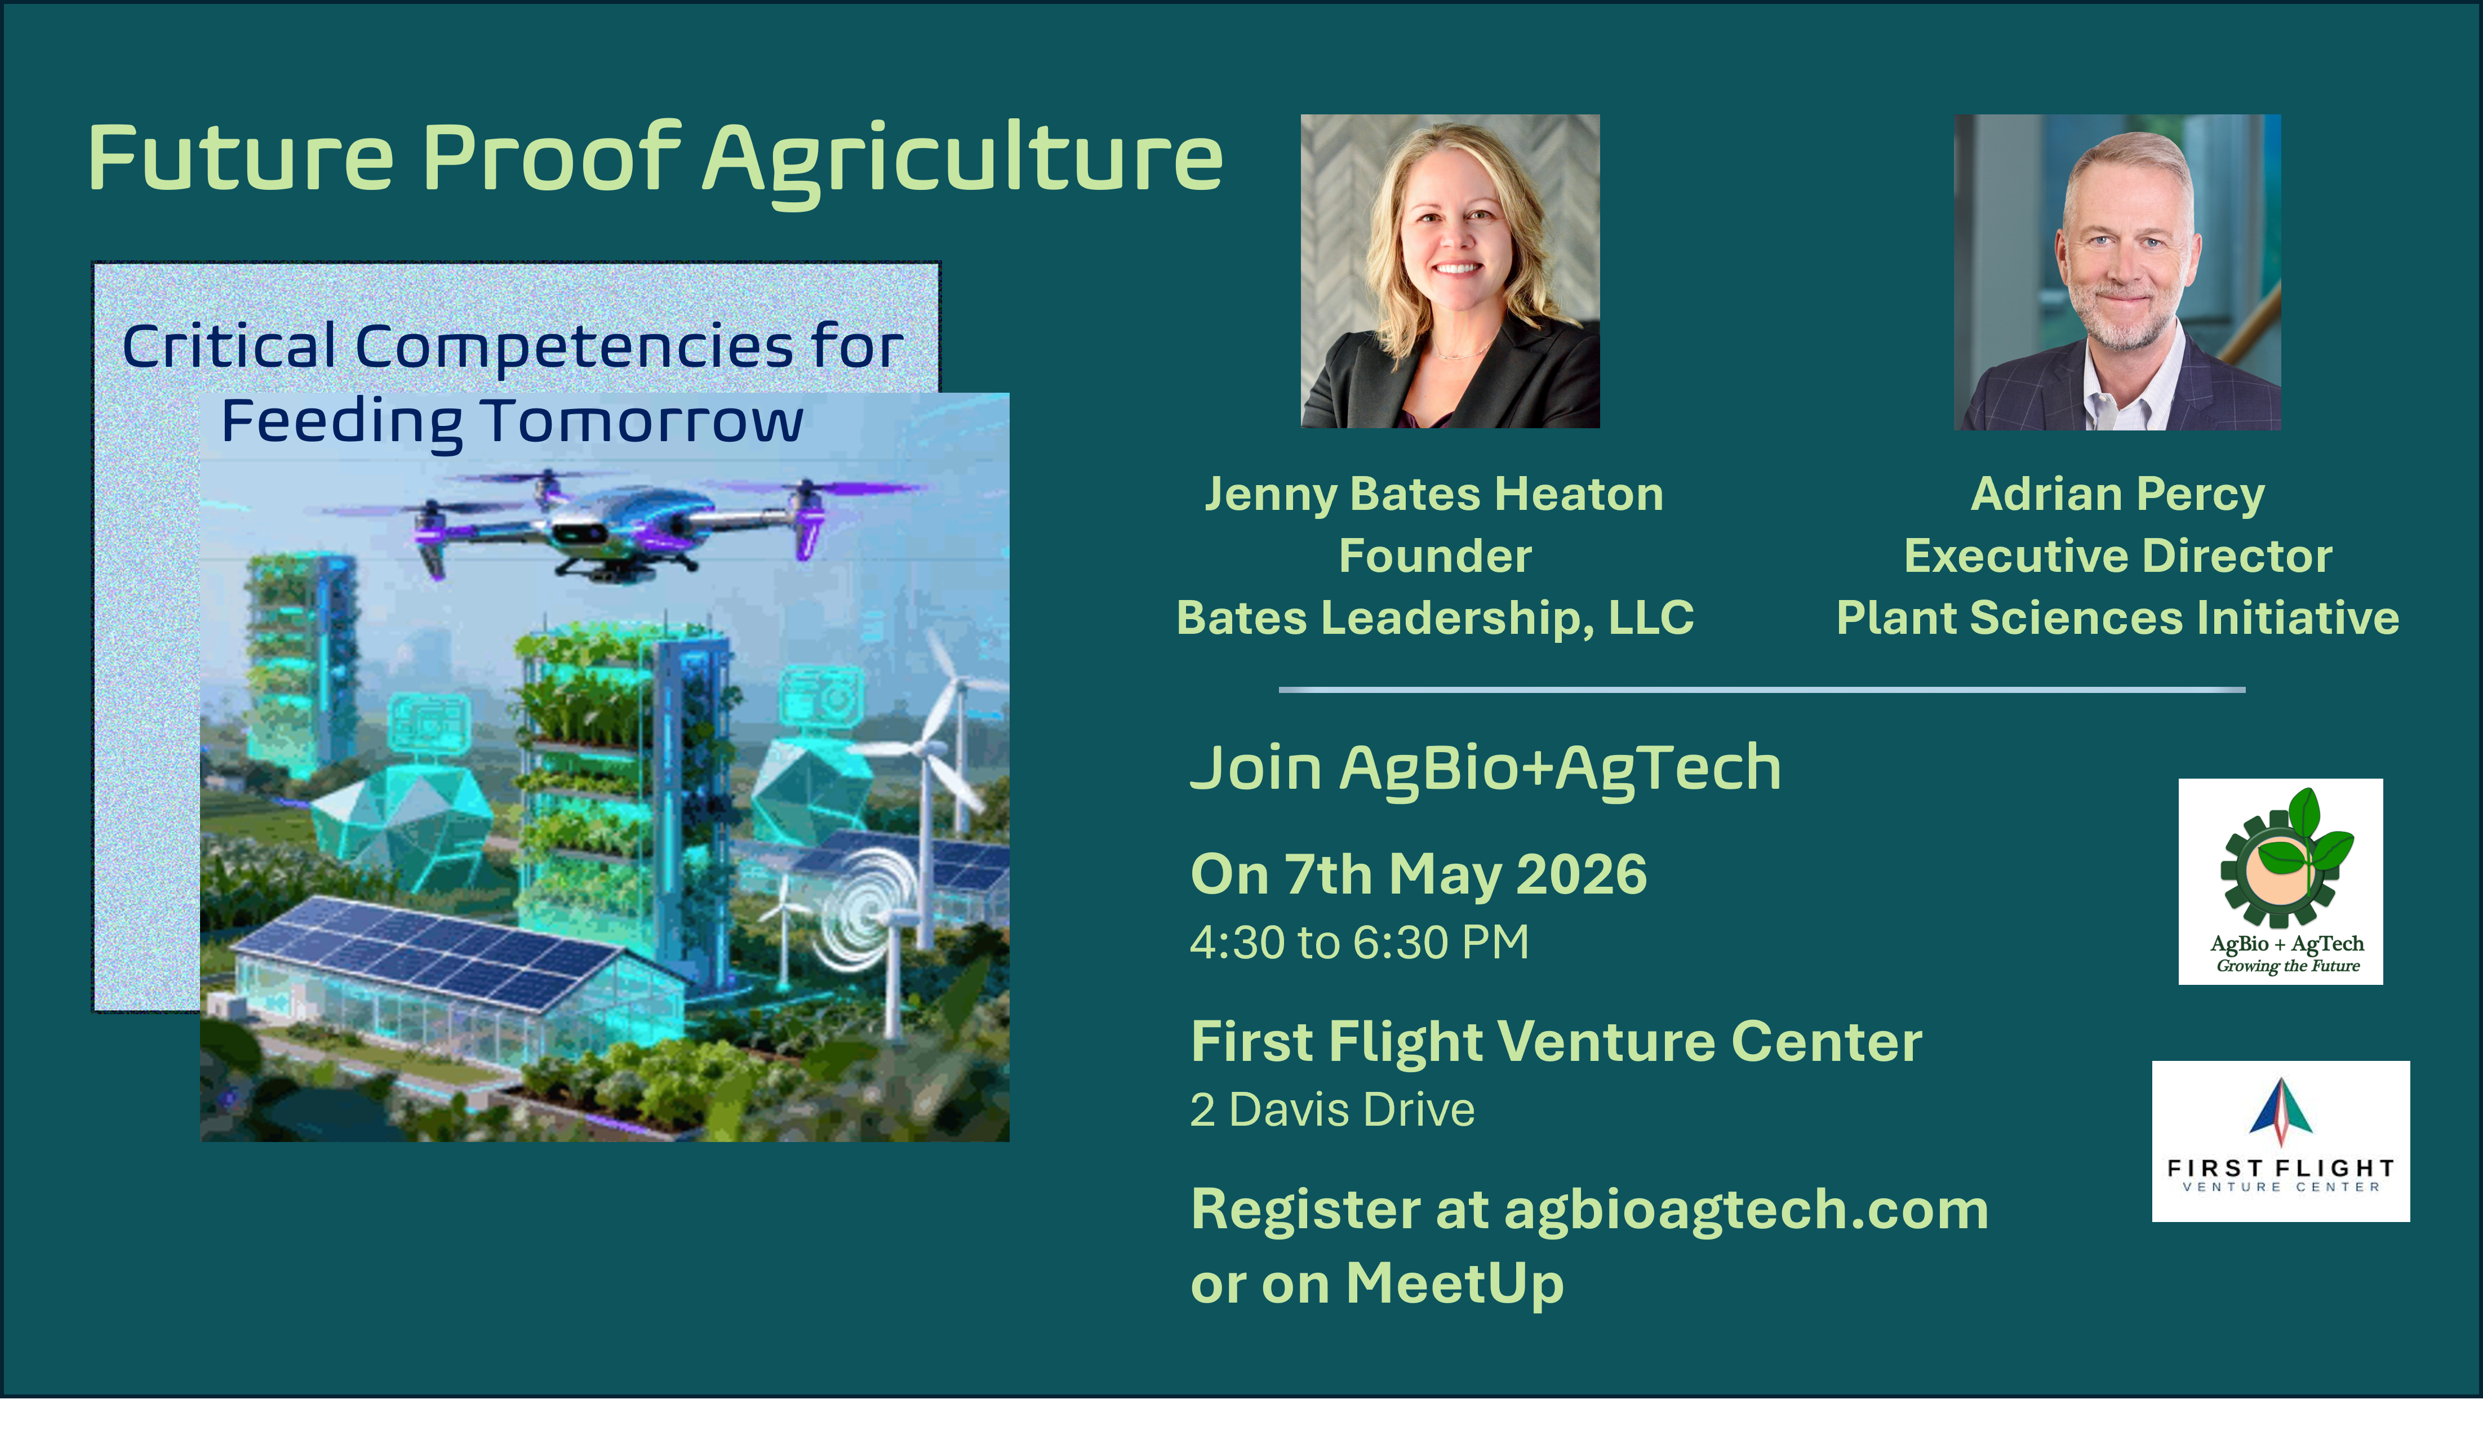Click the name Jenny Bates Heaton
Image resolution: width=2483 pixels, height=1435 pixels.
tap(1434, 494)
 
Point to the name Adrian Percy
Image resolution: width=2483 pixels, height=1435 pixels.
tap(2117, 494)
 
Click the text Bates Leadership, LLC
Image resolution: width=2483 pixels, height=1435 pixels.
tap(1434, 618)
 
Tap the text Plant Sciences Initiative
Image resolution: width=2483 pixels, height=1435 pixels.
tap(2117, 618)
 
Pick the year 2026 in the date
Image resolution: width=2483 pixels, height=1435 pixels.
tap(1582, 874)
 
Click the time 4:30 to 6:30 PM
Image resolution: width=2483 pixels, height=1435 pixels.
tap(1359, 942)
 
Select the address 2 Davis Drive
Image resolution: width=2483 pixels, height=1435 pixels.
tap(1332, 1110)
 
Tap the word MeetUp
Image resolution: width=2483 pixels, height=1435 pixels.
tap(1454, 1283)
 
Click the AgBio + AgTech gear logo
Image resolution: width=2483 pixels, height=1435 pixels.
tap(2280, 881)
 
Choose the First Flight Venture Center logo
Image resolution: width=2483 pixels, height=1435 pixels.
tap(2280, 1141)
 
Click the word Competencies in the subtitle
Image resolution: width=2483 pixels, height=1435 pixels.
tap(574, 347)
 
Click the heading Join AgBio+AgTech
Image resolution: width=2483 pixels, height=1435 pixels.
tap(1485, 768)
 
